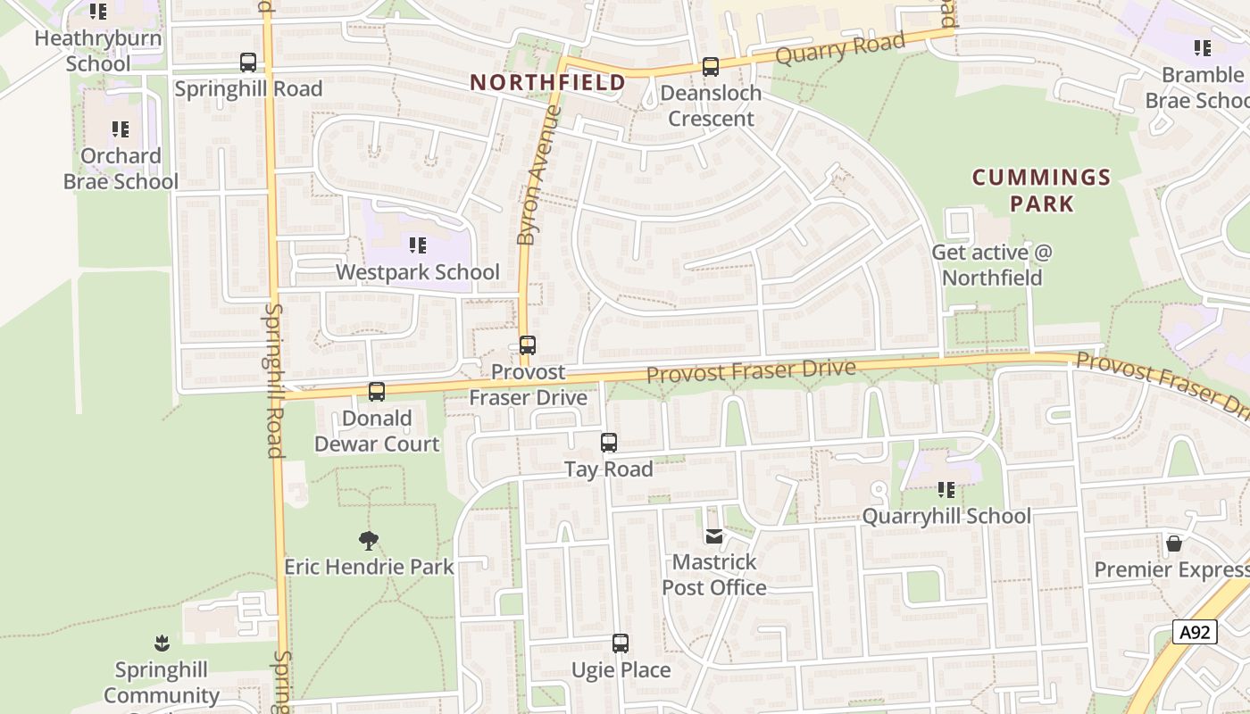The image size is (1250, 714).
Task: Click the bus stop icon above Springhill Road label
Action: point(248,62)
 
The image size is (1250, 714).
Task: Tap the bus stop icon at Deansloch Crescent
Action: point(711,67)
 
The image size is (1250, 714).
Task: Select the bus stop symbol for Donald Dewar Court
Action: point(377,392)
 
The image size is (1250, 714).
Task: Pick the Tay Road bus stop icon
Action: point(609,443)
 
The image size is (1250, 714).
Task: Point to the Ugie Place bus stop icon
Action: point(621,643)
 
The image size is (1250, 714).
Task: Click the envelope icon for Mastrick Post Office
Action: point(714,536)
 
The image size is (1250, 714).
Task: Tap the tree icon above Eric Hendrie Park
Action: point(369,540)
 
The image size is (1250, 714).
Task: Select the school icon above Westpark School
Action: point(417,245)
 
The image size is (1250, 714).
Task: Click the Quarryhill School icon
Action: point(946,490)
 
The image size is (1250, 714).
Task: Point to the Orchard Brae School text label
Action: point(121,169)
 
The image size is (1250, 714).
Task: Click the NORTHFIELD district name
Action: point(548,83)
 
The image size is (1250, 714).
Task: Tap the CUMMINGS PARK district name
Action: point(1041,190)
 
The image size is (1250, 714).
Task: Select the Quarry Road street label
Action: point(840,48)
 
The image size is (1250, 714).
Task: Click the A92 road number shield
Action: point(1195,633)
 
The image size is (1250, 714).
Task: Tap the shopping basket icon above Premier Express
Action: point(1174,544)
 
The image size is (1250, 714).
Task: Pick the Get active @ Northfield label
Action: point(992,265)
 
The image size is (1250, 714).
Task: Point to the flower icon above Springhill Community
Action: point(162,643)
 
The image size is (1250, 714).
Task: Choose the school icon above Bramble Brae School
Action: point(1203,48)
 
